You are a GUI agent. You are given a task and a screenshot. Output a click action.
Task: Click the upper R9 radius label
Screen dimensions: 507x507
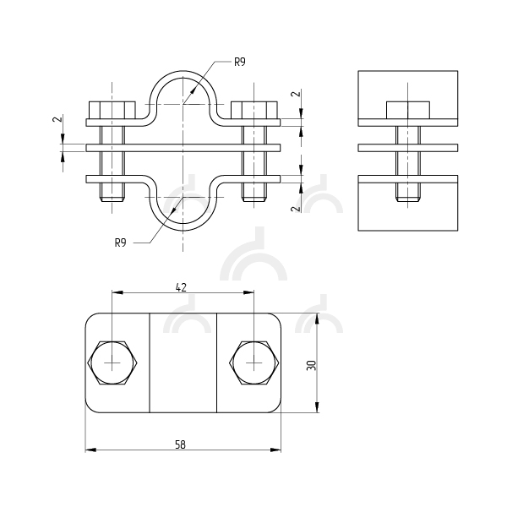pos(240,62)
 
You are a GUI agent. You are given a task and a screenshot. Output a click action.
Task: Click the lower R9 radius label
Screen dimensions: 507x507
pos(120,243)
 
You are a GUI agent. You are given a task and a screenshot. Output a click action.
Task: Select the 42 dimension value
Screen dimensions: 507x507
pos(181,287)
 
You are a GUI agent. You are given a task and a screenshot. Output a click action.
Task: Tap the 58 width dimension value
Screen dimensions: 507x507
pos(181,445)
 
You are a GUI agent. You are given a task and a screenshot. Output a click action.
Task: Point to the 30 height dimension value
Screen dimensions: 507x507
pos(311,365)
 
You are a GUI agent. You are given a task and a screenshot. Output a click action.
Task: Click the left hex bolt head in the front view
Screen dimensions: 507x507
pos(112,110)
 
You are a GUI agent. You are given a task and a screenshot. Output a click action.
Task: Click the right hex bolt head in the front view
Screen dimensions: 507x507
pos(254,110)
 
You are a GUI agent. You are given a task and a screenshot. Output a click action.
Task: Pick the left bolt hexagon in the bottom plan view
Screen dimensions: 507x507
pos(112,363)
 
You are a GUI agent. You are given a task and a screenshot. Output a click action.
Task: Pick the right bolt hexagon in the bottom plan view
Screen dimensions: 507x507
pos(254,363)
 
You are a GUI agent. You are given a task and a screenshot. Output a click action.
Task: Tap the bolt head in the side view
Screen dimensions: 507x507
pos(408,110)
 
